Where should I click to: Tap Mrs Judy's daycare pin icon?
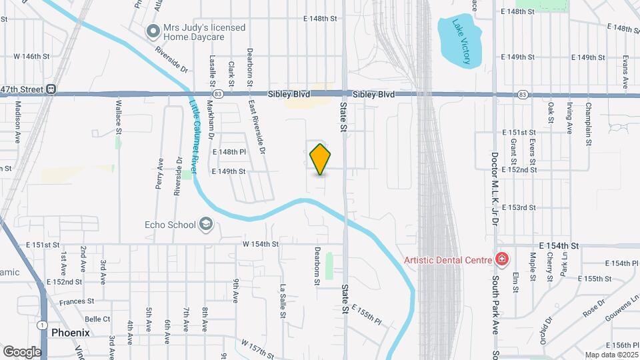click(153, 31)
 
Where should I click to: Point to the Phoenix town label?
click(70, 332)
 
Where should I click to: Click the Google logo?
click(21, 351)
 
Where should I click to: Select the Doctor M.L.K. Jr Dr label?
click(495, 184)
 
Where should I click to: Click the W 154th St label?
click(260, 244)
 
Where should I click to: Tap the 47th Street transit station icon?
click(51, 89)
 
